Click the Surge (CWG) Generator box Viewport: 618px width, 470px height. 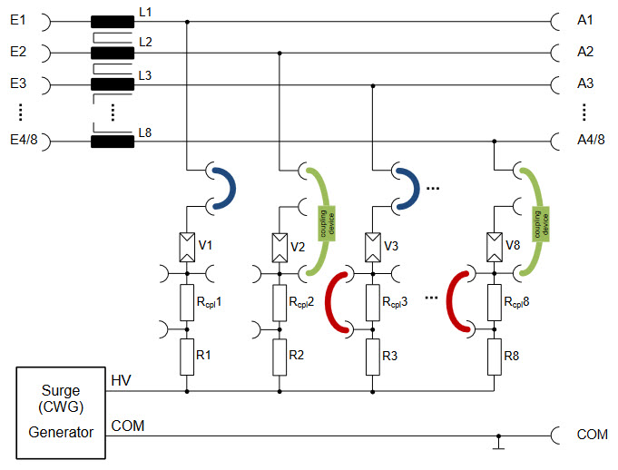[x=60, y=414]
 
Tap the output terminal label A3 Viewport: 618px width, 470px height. [x=585, y=83]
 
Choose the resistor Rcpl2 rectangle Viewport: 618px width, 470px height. [x=279, y=300]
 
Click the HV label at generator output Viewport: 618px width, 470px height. [x=121, y=380]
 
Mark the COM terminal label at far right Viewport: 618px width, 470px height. [x=592, y=435]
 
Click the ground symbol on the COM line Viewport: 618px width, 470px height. [x=498, y=444]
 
